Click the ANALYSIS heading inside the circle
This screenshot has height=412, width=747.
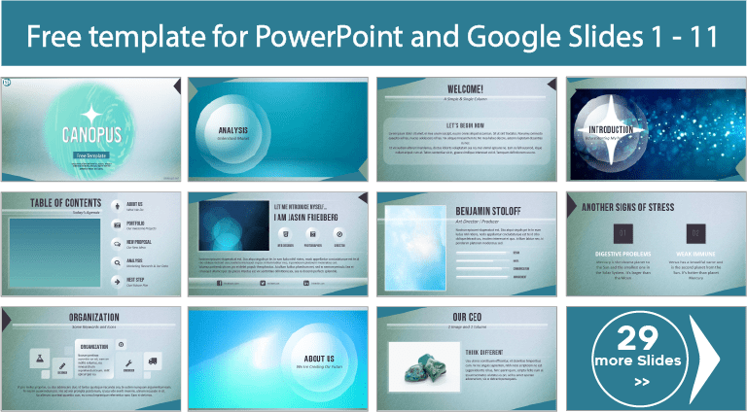click(232, 129)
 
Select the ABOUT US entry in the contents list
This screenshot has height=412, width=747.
click(134, 204)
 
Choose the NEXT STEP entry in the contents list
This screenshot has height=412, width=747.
click(135, 280)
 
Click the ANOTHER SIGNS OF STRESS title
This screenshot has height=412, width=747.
click(643, 207)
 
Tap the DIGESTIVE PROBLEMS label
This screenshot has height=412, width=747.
click(622, 253)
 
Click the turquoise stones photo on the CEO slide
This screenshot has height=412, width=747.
click(424, 365)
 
